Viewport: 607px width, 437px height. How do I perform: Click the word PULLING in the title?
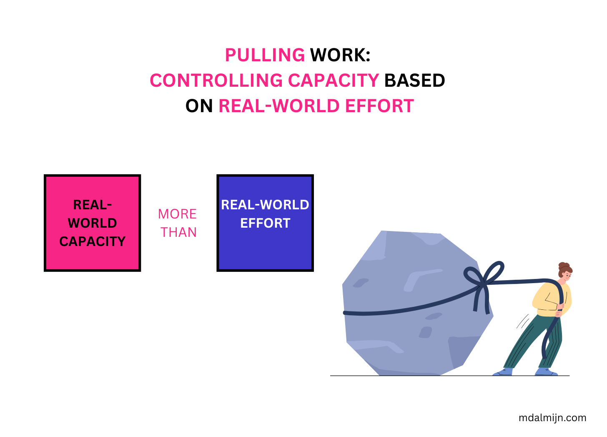click(265, 55)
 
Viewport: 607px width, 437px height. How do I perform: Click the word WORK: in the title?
click(340, 55)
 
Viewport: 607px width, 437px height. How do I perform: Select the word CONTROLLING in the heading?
click(216, 80)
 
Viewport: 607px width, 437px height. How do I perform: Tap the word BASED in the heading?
click(414, 80)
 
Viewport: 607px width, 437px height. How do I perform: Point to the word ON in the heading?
click(199, 106)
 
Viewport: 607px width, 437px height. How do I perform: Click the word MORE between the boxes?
click(178, 214)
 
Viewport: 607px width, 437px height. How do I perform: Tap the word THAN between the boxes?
click(179, 232)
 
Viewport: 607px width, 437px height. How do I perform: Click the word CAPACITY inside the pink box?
click(92, 241)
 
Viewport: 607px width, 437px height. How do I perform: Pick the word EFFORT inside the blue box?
click(265, 224)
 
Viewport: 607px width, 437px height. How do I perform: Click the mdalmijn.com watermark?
click(552, 418)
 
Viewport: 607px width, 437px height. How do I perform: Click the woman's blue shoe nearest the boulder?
click(503, 372)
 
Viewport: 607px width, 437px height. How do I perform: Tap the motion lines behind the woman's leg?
click(522, 321)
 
